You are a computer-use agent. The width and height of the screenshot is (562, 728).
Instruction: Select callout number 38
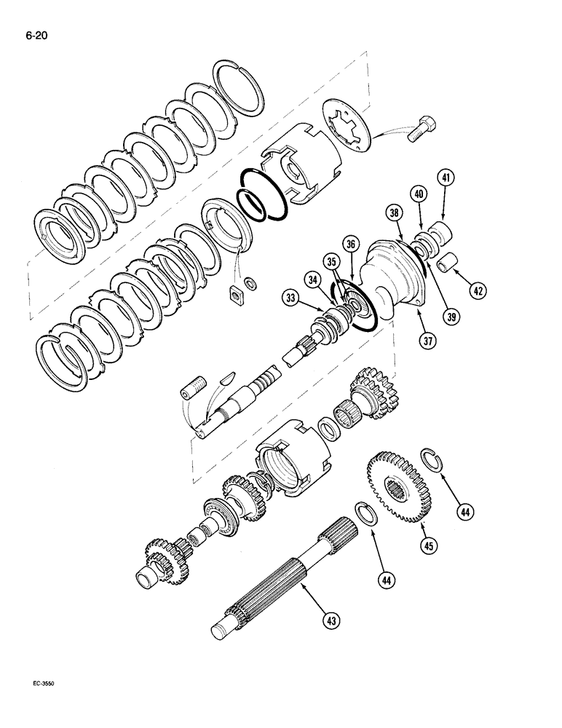click(394, 213)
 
